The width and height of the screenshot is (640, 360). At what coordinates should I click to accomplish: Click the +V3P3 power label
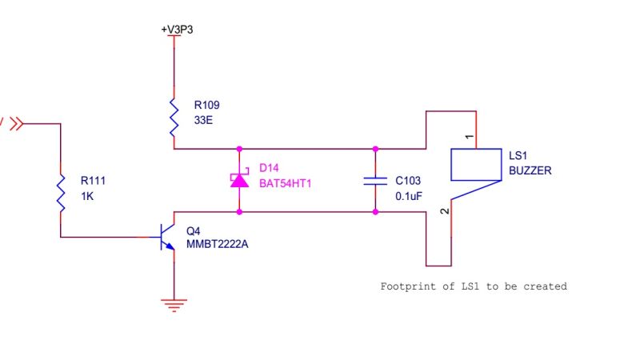(x=177, y=30)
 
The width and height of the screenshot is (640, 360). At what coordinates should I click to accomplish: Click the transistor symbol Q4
(x=166, y=237)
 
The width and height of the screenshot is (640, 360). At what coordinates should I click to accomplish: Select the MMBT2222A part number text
(x=217, y=244)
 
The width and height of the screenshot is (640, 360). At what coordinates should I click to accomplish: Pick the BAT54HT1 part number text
(x=284, y=182)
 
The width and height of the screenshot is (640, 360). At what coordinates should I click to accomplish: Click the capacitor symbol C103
(x=374, y=180)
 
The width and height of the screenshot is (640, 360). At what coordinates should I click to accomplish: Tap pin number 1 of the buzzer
(x=470, y=138)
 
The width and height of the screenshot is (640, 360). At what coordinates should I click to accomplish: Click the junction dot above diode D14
(x=239, y=149)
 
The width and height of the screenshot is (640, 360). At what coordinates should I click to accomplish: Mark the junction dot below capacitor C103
(x=374, y=212)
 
